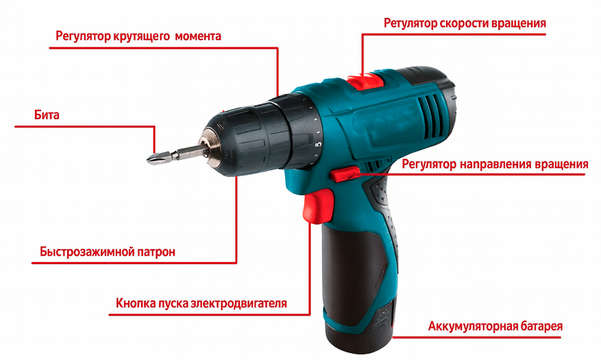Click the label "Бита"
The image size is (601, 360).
click(x=47, y=115)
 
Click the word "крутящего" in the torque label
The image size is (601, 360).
click(x=141, y=36)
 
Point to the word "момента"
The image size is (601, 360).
click(x=199, y=36)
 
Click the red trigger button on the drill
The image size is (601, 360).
click(x=317, y=206)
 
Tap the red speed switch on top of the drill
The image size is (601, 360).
click(x=365, y=81)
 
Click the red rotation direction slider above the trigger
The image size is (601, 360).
click(x=345, y=173)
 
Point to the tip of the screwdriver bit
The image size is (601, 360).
click(x=147, y=160)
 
